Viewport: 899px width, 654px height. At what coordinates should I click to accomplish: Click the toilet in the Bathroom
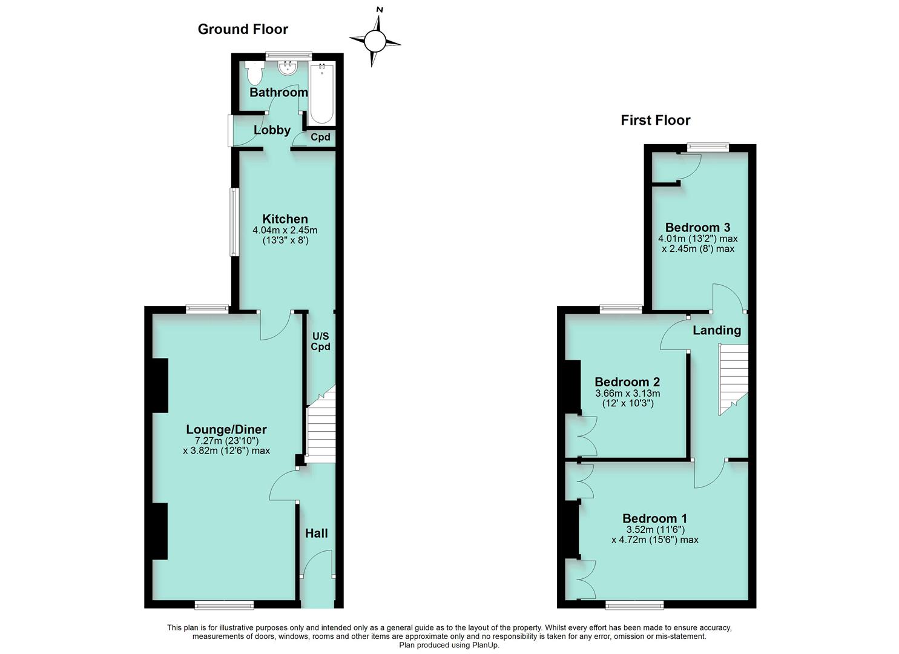(x=255, y=73)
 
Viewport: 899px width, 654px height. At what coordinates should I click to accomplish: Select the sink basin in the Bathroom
(x=286, y=70)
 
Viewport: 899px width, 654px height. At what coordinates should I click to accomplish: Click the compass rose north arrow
(x=375, y=41)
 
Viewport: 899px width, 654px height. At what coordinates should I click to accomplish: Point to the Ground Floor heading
(x=243, y=29)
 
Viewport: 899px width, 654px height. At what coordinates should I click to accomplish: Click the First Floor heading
(x=655, y=121)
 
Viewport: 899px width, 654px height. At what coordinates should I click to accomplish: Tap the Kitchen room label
(x=285, y=219)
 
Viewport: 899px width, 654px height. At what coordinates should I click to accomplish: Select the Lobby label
(x=272, y=130)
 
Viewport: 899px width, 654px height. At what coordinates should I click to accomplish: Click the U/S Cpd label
(x=320, y=342)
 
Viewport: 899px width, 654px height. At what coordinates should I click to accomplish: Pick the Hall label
(x=316, y=533)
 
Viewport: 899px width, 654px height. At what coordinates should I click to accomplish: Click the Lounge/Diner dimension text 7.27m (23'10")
(x=226, y=441)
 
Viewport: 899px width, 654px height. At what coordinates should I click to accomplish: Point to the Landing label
(x=716, y=331)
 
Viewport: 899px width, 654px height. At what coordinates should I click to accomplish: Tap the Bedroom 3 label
(x=697, y=228)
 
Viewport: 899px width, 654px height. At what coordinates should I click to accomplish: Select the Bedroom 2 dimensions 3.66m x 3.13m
(x=627, y=393)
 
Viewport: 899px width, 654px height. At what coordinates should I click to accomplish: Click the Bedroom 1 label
(x=654, y=518)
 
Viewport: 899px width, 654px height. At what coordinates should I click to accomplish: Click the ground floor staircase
(x=321, y=427)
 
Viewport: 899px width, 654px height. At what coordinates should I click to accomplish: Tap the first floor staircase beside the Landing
(x=733, y=378)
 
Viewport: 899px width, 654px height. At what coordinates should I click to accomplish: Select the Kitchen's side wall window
(x=233, y=222)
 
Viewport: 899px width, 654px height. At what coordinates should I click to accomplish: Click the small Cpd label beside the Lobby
(x=320, y=137)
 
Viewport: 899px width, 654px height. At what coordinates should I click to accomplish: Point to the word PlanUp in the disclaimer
(x=484, y=646)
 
